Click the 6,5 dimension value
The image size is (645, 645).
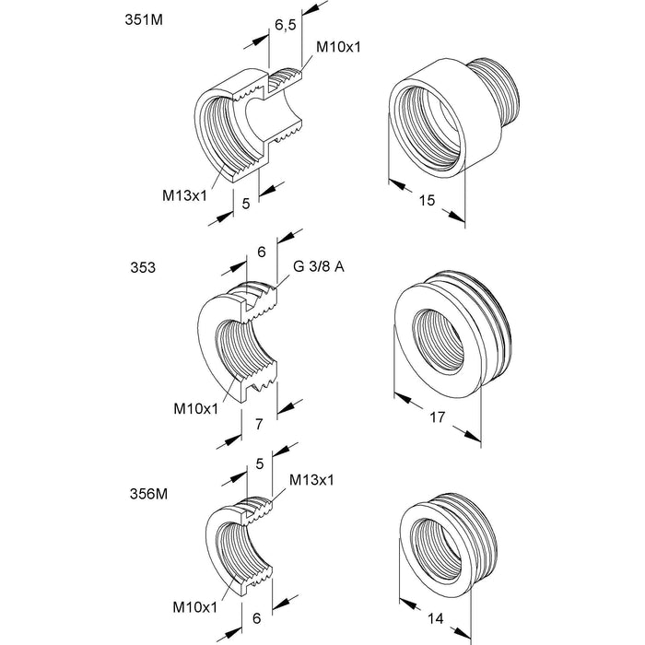point(285,27)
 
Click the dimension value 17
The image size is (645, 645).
point(438,417)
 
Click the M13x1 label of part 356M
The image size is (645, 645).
point(311,480)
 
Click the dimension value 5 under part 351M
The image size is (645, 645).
point(246,203)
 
